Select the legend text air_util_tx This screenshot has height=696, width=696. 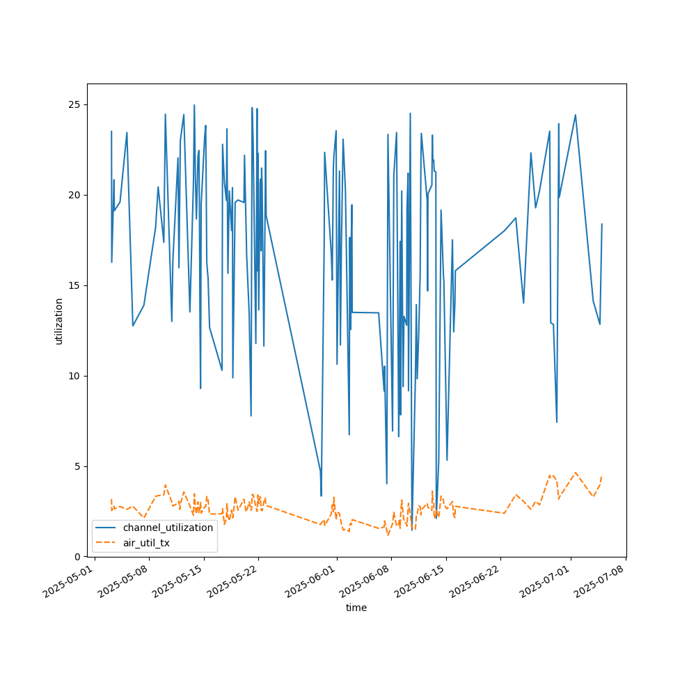pyautogui.click(x=146, y=543)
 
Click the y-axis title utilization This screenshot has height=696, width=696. pyautogui.click(x=59, y=321)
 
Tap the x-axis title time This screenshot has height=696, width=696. pyautogui.click(x=356, y=608)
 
